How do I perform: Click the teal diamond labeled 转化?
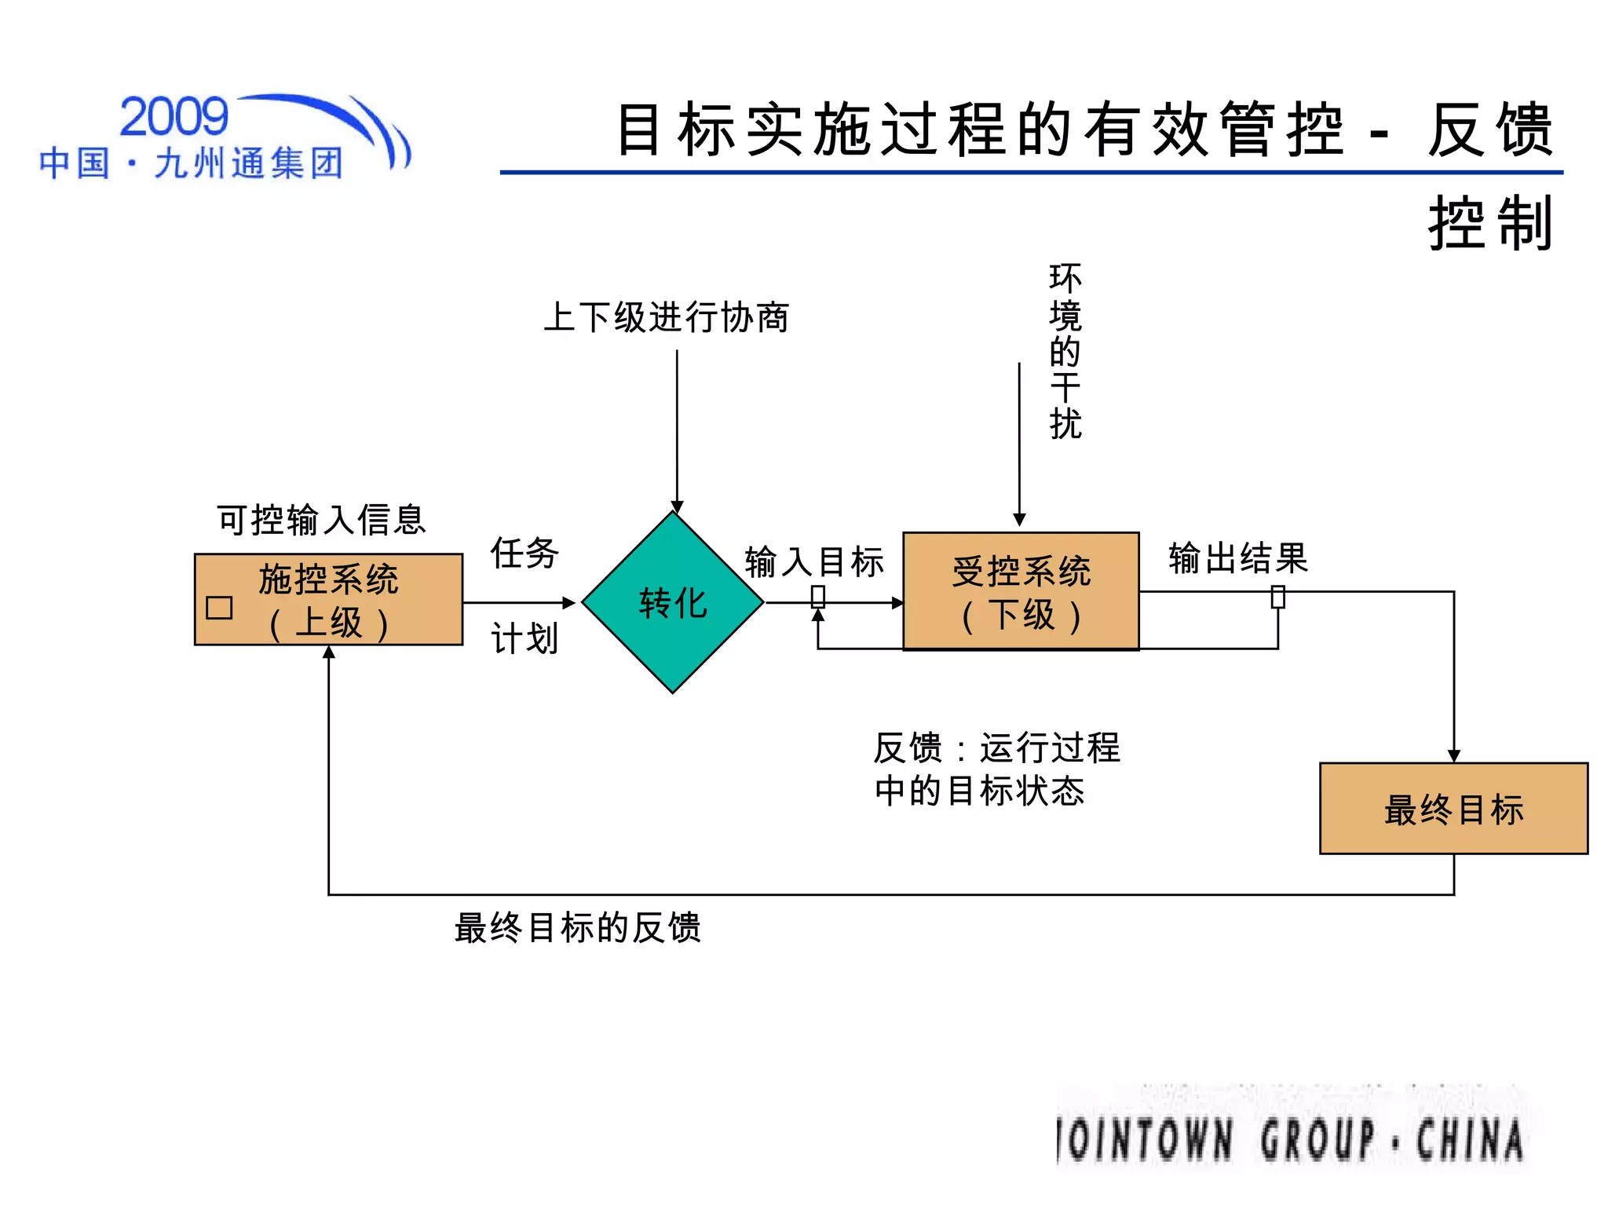tap(673, 602)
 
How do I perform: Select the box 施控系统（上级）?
tap(328, 600)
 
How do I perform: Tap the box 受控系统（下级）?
tap(1021, 591)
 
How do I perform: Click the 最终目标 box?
tap(1453, 809)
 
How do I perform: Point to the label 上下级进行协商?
tap(666, 318)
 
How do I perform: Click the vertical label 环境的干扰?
tap(1065, 351)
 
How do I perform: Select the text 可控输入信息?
tap(321, 520)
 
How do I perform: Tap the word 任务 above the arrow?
tap(524, 553)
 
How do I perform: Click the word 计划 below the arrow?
tap(524, 638)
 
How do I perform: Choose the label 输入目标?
tap(814, 562)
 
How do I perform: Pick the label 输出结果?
tap(1238, 558)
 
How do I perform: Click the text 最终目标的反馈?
tap(577, 927)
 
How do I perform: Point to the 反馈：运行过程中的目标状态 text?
tap(996, 769)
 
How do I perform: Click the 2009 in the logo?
tap(174, 117)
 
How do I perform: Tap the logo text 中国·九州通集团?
tap(191, 163)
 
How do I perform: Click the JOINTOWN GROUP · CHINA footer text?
tap(1290, 1139)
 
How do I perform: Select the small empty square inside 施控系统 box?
tap(219, 608)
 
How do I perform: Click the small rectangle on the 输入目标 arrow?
tap(818, 598)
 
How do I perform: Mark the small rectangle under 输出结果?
tap(1278, 598)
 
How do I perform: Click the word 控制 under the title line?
tap(1489, 224)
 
